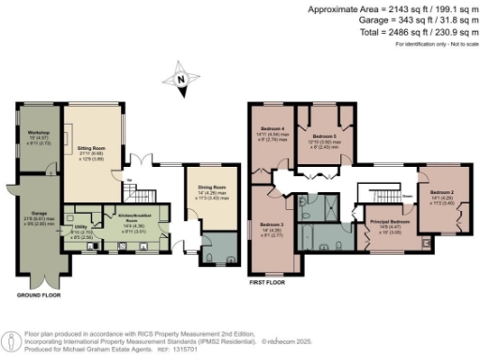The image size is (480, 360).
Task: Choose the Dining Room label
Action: [212, 191]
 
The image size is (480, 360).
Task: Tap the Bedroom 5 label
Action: [322, 136]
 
